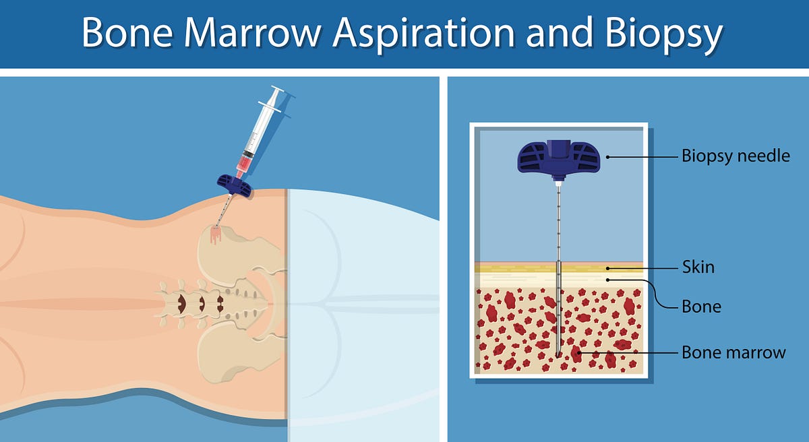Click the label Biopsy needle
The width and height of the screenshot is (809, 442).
736,157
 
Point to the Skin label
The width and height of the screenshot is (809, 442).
698,267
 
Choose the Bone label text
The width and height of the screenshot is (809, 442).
701,307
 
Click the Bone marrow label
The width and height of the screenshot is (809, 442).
733,352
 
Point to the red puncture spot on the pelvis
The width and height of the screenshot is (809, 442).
216,234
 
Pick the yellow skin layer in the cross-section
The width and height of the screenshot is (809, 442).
512,267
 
